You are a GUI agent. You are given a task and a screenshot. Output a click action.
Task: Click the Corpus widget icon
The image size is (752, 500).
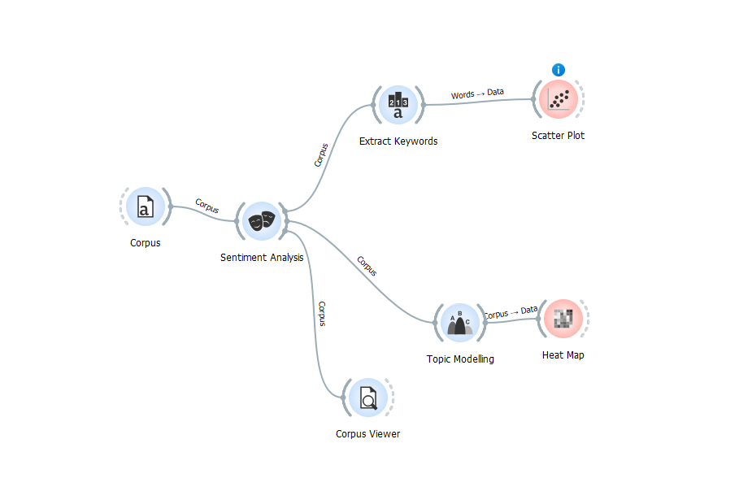145,207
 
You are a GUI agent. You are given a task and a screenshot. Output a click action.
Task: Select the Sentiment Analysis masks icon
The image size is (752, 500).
262,220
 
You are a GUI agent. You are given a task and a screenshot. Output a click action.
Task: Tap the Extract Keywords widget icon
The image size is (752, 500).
398,104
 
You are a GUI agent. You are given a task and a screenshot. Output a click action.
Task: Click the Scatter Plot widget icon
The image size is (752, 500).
558,99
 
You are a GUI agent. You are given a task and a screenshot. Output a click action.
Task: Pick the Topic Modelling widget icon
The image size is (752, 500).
460,322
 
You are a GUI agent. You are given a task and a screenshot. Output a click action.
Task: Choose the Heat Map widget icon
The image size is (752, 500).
563,319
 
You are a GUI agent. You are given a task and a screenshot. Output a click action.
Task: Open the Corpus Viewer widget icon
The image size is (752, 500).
368,398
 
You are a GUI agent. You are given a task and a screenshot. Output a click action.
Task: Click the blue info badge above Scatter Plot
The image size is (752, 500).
558,70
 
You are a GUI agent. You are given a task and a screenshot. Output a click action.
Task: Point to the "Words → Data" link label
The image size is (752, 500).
477,93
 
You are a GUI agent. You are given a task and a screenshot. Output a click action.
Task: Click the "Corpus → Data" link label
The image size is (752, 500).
511,311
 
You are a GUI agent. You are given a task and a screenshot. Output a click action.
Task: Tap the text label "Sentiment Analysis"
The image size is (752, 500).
262,258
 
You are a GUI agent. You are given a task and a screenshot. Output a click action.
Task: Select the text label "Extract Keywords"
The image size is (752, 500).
398,141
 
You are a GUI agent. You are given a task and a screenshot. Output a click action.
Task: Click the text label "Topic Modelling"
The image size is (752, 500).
460,359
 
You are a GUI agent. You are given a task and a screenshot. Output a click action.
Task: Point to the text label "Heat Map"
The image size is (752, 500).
563,355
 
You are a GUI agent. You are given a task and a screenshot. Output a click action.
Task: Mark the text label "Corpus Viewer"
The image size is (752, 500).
367,434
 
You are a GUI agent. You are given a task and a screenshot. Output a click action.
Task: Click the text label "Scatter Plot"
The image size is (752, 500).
558,136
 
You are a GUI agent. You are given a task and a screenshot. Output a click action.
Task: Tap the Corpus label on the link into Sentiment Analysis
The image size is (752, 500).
206,206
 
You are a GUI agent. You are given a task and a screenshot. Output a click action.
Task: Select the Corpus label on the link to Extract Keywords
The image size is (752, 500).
321,155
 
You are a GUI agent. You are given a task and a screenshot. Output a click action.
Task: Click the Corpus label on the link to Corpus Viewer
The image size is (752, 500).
322,314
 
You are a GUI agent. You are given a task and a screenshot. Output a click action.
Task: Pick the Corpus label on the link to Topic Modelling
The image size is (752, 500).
367,266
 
